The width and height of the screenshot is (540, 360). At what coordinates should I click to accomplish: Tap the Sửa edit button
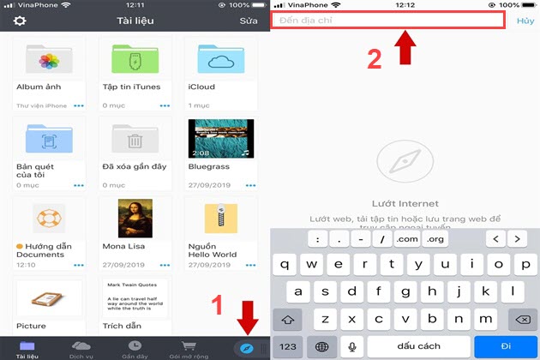(x=248, y=21)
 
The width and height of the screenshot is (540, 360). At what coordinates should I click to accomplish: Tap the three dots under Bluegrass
(x=249, y=184)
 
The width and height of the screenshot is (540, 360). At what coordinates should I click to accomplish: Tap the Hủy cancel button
(x=525, y=21)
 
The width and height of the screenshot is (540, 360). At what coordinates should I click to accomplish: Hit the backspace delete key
(x=521, y=318)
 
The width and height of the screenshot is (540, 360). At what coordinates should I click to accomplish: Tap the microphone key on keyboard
(x=352, y=346)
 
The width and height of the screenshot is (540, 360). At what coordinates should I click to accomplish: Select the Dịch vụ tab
(x=81, y=348)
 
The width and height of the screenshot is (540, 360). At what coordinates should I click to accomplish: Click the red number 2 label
(x=374, y=59)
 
